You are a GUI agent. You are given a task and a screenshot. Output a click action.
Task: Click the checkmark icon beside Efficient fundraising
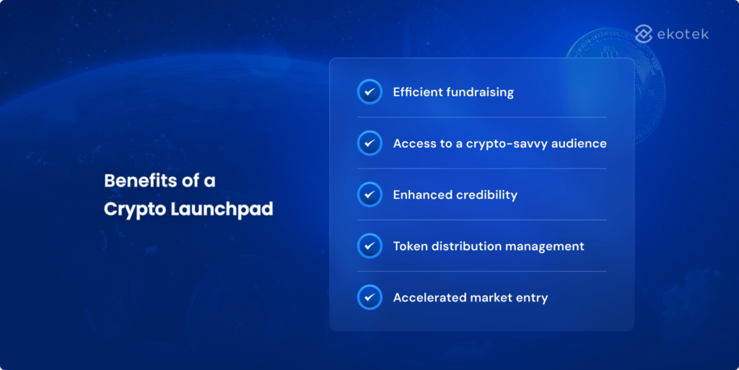(369, 92)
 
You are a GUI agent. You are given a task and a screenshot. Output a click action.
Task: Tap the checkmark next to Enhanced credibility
(369, 194)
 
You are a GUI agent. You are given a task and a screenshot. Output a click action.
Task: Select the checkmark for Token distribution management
(369, 246)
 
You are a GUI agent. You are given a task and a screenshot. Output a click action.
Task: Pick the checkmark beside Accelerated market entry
(369, 297)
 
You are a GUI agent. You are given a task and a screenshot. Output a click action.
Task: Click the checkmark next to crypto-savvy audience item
(369, 143)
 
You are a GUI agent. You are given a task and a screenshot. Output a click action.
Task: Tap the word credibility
(486, 195)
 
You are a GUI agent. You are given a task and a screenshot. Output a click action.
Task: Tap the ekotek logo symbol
(644, 34)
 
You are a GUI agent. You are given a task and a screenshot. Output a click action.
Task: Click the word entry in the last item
(532, 298)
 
